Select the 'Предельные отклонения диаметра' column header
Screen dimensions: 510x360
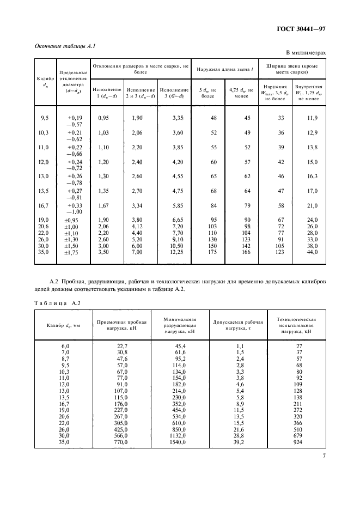click(x=74, y=81)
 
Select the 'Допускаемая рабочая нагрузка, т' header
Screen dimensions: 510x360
click(x=239, y=325)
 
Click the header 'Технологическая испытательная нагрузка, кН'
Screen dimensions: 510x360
click(x=297, y=325)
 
